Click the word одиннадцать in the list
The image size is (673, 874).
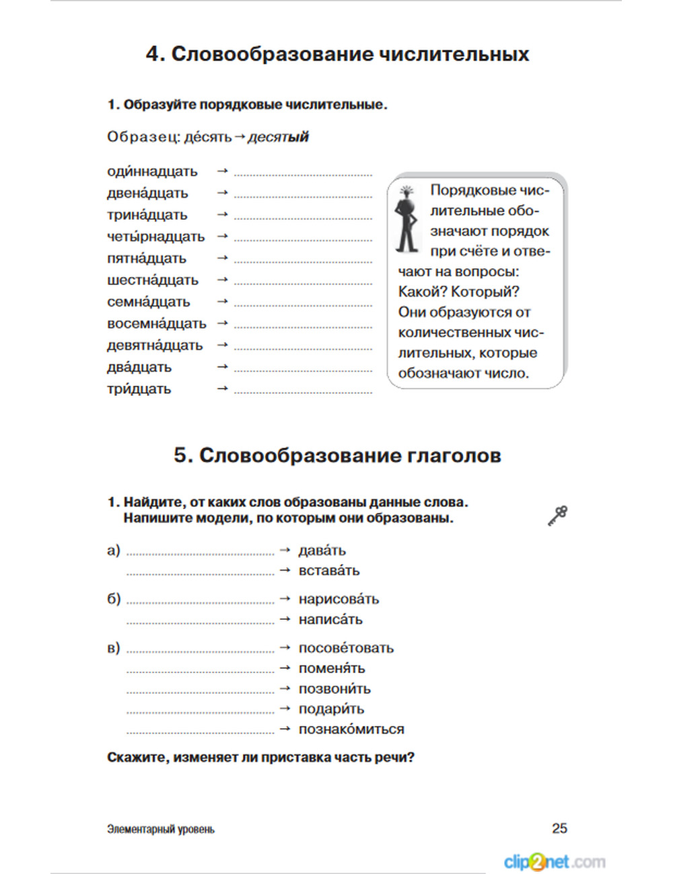(152, 171)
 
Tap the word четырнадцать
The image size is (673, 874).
(155, 237)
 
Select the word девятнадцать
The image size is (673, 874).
(155, 346)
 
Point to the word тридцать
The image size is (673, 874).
(139, 389)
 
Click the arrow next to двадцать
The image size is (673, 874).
(223, 367)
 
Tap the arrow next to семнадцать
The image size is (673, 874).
(223, 302)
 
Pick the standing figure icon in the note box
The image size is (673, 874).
(406, 219)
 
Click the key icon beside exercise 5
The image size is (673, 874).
(558, 516)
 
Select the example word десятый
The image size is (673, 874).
(278, 137)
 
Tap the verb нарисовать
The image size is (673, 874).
(339, 599)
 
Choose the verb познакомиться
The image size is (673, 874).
(351, 729)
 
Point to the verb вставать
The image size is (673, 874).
(329, 571)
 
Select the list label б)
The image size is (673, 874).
(114, 599)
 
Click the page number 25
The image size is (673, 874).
(559, 828)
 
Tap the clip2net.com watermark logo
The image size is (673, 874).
(554, 861)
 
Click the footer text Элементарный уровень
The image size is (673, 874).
(161, 830)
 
